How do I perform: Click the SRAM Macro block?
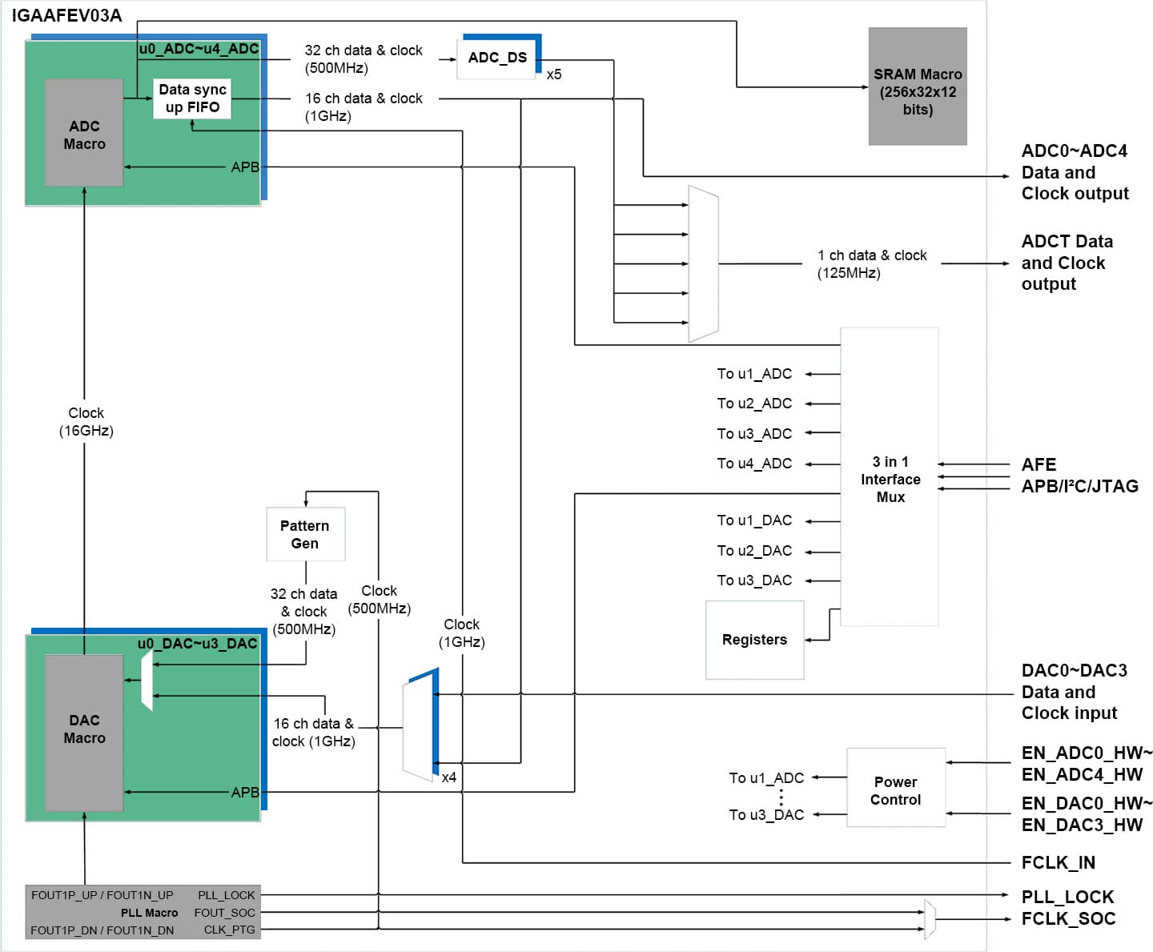pos(917,86)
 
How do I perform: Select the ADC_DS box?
pos(497,58)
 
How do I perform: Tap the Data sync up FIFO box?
pos(192,98)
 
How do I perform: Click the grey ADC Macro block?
pos(84,133)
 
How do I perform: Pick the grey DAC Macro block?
pos(84,730)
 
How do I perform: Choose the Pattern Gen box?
pos(305,534)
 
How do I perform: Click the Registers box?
pos(754,640)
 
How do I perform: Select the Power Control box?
pos(895,790)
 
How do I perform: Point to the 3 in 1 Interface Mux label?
pos(890,479)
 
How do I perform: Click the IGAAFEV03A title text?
pos(66,16)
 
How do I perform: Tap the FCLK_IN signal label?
pos(1058,862)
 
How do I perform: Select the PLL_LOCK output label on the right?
pos(1067,897)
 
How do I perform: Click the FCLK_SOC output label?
pos(1068,918)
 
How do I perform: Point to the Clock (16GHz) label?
pos(86,422)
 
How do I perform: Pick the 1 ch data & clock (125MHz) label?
pos(871,264)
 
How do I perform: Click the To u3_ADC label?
pos(754,434)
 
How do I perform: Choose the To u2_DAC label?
pos(754,551)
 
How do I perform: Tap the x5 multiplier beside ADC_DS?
pos(554,74)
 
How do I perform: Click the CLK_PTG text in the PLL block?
pos(229,930)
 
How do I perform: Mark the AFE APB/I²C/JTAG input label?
pos(1079,476)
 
